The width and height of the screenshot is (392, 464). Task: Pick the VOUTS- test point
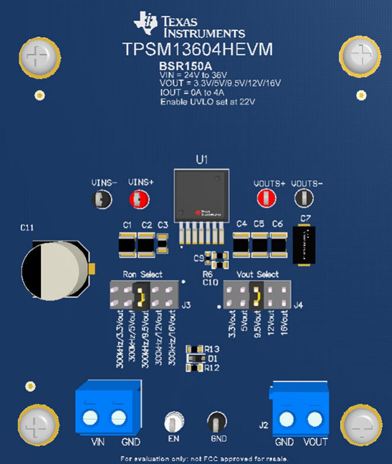303,198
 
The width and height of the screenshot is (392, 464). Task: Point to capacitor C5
260,245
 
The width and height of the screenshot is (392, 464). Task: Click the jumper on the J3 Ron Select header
140,295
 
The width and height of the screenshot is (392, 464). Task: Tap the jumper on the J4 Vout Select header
256,295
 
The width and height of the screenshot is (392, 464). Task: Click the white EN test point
173,421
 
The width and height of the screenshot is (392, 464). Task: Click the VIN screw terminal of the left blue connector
91,418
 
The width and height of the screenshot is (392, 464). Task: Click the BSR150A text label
185,67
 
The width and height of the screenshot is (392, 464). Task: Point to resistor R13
195,349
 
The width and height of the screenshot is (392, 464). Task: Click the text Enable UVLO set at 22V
208,102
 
